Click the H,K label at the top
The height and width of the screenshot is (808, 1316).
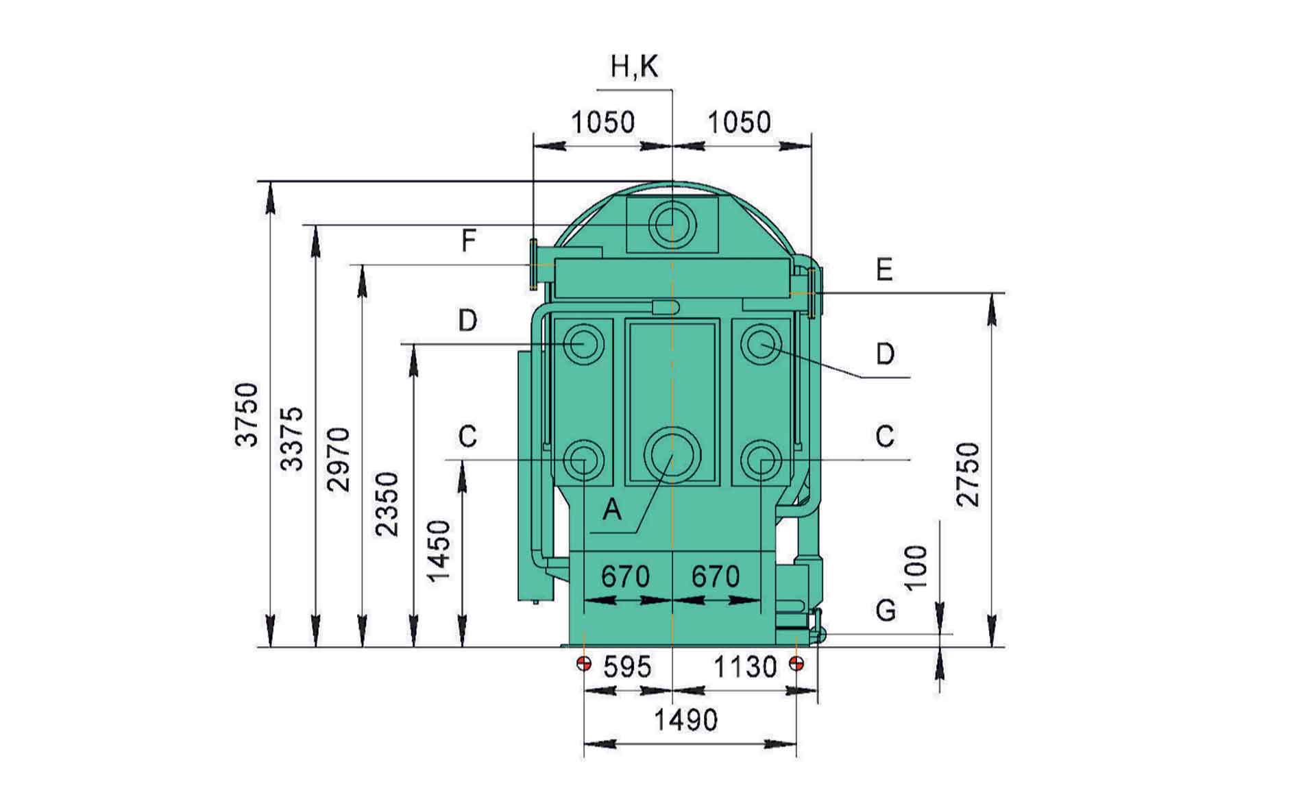(x=634, y=68)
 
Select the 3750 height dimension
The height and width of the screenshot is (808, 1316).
(x=247, y=415)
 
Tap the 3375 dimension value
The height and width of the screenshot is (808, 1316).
(x=293, y=439)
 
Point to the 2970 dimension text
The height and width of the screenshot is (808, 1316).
(x=339, y=459)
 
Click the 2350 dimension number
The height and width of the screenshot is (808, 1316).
(x=387, y=504)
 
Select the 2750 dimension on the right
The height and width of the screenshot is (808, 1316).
(x=968, y=474)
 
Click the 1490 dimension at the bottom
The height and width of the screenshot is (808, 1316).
(x=685, y=720)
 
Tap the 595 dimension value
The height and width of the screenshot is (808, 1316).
(x=627, y=667)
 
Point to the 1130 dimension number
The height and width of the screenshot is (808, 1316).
(x=745, y=667)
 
